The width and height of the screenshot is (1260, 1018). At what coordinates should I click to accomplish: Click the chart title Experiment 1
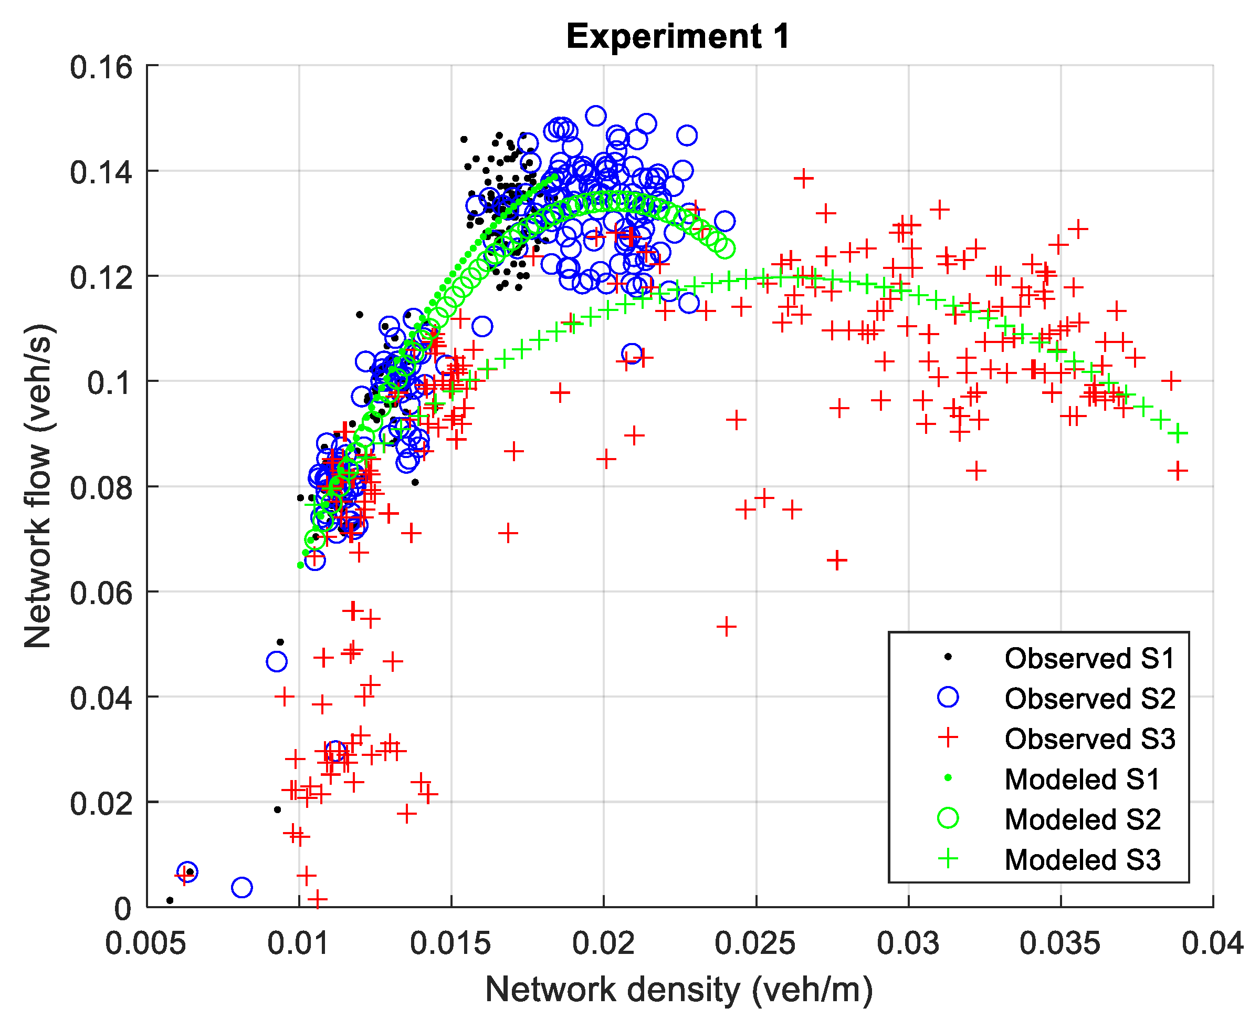(x=678, y=36)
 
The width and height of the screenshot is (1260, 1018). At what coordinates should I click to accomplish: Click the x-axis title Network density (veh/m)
(x=679, y=990)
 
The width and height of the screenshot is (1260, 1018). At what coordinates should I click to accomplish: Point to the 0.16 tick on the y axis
(x=101, y=67)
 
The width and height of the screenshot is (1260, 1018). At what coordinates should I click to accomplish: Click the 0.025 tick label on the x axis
(x=755, y=943)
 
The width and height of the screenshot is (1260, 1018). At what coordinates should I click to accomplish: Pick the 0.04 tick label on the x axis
(x=1212, y=943)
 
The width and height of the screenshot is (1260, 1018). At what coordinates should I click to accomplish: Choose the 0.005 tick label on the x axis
(x=146, y=943)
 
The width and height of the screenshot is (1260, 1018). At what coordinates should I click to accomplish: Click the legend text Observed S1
(x=1089, y=659)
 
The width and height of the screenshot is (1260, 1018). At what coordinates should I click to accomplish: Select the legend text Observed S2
(x=1089, y=699)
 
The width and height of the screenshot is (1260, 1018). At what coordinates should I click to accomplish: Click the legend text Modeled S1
(x=1082, y=780)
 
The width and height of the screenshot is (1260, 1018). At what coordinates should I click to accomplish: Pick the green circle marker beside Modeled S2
(x=948, y=818)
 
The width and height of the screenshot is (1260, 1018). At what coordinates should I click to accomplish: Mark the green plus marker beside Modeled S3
(x=948, y=859)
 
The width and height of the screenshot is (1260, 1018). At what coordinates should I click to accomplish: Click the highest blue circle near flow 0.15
(x=595, y=116)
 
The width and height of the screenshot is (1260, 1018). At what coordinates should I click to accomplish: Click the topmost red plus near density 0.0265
(x=803, y=178)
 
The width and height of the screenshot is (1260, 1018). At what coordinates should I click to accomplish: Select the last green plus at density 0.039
(x=1178, y=433)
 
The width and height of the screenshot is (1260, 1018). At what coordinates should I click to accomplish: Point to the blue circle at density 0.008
(x=241, y=887)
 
